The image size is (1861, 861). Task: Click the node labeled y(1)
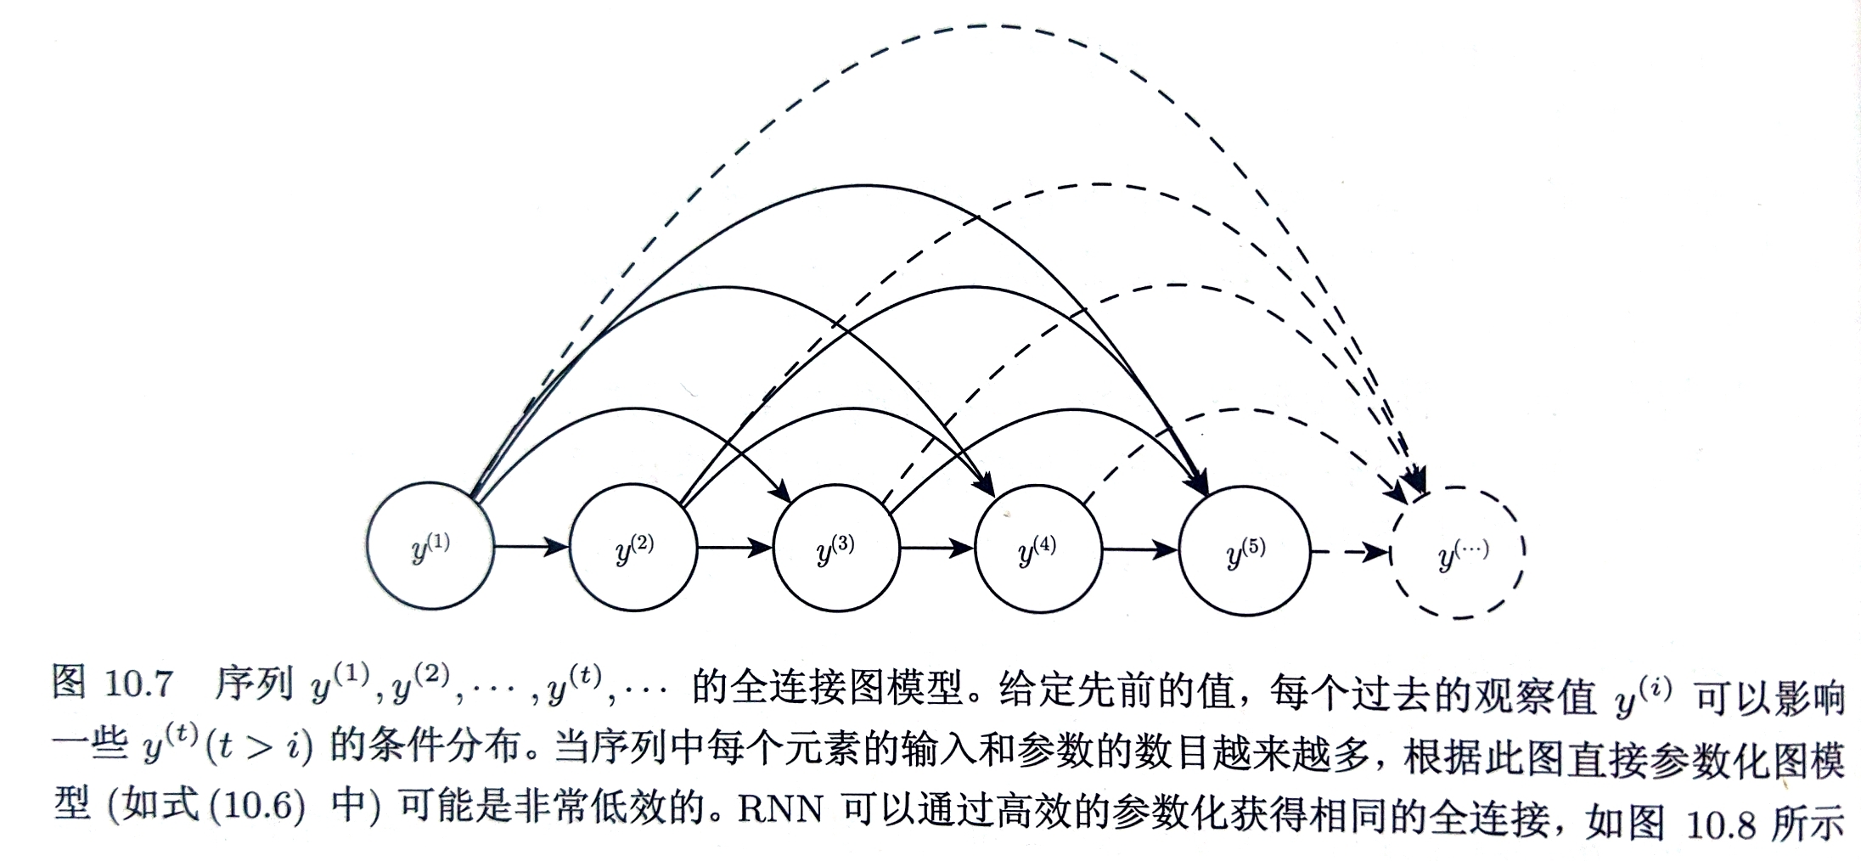[x=430, y=546]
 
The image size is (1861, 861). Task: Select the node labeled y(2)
[x=633, y=548]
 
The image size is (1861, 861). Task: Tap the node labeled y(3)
[x=835, y=548]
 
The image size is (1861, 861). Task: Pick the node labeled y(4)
[x=1038, y=549]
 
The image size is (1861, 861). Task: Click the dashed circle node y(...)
[x=1458, y=552]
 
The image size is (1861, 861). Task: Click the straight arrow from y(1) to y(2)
[x=531, y=546]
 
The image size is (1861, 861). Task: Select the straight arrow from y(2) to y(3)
[x=734, y=548]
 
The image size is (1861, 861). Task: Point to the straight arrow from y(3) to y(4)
[x=937, y=549]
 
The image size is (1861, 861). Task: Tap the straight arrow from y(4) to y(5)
[x=1141, y=550]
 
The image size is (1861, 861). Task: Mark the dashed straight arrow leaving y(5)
[x=1351, y=553]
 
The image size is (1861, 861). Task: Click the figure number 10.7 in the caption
[x=139, y=684]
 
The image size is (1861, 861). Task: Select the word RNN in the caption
[x=780, y=808]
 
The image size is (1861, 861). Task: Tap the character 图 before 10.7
[x=69, y=682]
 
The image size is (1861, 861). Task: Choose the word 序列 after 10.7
[x=253, y=684]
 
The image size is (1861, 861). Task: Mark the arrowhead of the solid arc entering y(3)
[x=780, y=490]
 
